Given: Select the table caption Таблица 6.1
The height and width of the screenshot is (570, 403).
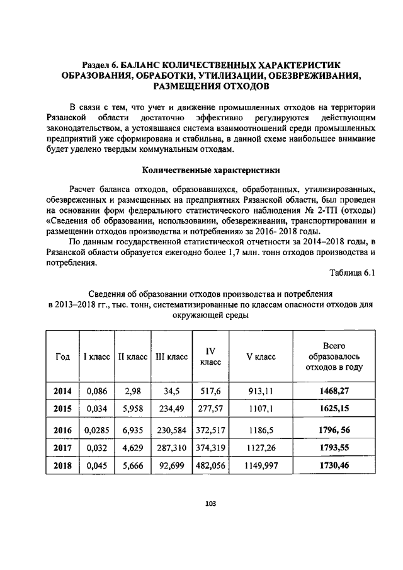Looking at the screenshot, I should click(352, 273).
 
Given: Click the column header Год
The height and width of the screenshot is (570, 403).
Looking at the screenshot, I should click(62, 356).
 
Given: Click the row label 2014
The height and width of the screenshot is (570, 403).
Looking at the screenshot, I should click(62, 391).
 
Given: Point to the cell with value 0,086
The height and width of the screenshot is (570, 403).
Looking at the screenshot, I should click(97, 391).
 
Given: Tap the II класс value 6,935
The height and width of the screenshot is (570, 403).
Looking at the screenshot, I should click(132, 430).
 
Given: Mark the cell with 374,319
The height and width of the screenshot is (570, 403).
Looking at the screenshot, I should click(210, 448).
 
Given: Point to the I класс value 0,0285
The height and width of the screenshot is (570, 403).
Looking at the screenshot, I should click(97, 430).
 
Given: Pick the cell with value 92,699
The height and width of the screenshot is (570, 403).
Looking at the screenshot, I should click(171, 466).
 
